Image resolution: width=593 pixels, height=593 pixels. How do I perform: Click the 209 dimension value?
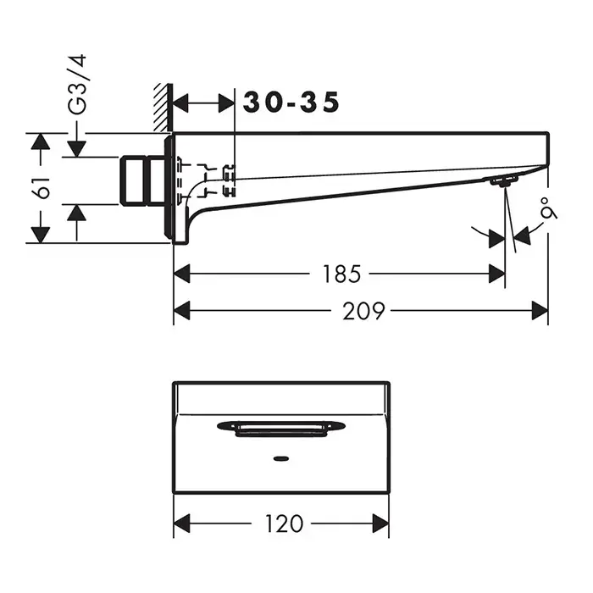pyautogui.click(x=366, y=311)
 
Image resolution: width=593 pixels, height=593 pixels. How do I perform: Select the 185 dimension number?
pyautogui.click(x=343, y=274)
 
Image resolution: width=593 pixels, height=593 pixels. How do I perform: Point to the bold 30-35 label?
pyautogui.click(x=291, y=103)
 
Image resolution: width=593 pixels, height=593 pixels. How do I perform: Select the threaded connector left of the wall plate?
pyautogui.click(x=143, y=180)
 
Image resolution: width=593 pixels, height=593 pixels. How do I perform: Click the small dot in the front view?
pyautogui.click(x=280, y=461)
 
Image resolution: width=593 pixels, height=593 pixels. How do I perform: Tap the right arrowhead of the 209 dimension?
pyautogui.click(x=540, y=311)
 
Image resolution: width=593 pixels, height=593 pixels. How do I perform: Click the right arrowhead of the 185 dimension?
pyautogui.click(x=496, y=274)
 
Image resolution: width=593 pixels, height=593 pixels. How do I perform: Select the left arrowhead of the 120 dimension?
pyautogui.click(x=181, y=524)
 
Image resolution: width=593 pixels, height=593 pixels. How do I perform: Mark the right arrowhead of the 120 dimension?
pyautogui.click(x=381, y=524)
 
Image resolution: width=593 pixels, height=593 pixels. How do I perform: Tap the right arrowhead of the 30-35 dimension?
pyautogui.click(x=226, y=103)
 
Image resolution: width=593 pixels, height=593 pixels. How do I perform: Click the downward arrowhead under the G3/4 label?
pyautogui.click(x=77, y=147)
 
